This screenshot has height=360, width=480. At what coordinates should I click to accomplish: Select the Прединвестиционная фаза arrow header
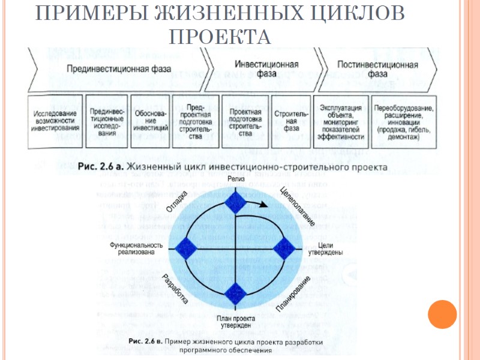[118, 69]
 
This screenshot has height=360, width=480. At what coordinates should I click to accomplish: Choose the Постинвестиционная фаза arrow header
[377, 69]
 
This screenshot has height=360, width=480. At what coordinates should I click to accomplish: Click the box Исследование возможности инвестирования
[55, 121]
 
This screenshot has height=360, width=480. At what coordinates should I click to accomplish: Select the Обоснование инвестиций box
[149, 121]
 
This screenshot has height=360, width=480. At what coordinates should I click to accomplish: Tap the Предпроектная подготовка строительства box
[195, 121]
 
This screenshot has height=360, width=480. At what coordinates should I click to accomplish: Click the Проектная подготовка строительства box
[245, 121]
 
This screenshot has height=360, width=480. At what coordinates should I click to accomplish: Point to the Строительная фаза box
[290, 121]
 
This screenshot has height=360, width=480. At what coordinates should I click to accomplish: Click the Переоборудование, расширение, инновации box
[403, 121]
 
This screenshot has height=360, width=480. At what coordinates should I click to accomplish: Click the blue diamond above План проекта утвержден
[236, 294]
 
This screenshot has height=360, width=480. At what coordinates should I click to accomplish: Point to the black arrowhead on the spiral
[263, 205]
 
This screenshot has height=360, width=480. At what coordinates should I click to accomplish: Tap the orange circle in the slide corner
[443, 314]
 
